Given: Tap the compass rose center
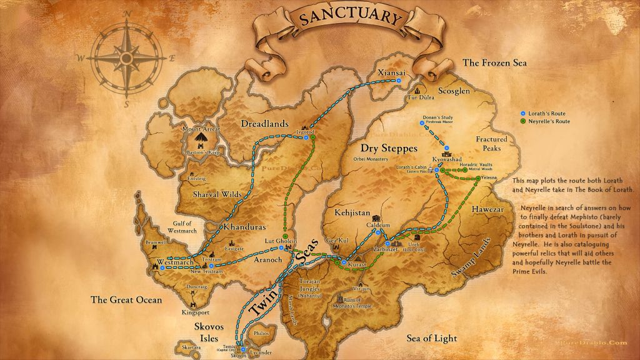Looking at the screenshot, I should point(127,59).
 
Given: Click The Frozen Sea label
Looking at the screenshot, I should point(494,62).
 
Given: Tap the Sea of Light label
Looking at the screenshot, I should point(431,338).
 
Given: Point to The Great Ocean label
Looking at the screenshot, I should point(126,299).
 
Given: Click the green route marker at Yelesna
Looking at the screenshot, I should point(478,179).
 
